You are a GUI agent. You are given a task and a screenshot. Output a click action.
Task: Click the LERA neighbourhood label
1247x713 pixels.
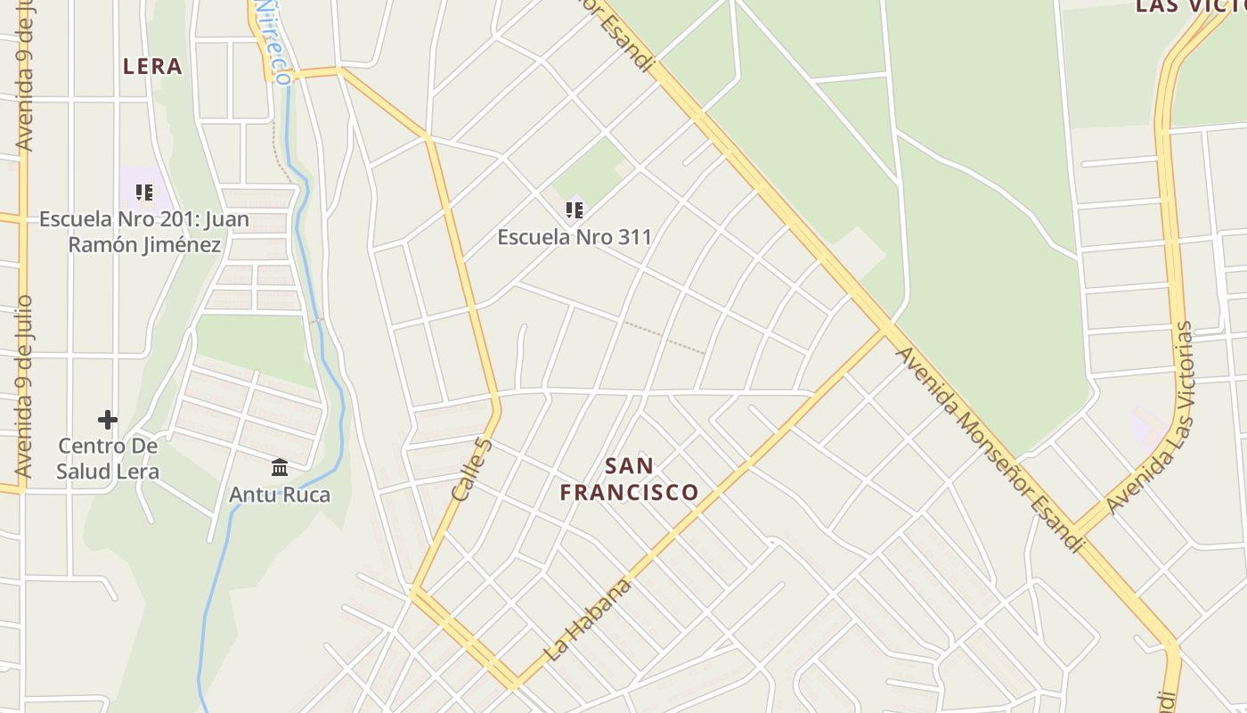pyautogui.click(x=152, y=66)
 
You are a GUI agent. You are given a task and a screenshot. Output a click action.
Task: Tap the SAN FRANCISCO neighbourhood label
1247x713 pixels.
pyautogui.click(x=629, y=479)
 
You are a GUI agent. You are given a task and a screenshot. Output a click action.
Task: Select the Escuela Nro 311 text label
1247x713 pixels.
pyautogui.click(x=575, y=237)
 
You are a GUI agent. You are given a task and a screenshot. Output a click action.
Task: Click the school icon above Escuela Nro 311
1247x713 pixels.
pyautogui.click(x=575, y=210)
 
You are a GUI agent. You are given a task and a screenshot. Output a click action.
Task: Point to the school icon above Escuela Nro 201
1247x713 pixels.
pyautogui.click(x=144, y=193)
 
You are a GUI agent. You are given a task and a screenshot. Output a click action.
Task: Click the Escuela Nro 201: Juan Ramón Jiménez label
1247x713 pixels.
pyautogui.click(x=144, y=232)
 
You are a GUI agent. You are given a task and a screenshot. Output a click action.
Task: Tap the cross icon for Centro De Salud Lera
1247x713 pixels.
pyautogui.click(x=108, y=419)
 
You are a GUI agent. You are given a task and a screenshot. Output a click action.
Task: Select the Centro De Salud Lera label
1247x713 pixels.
pyautogui.click(x=108, y=458)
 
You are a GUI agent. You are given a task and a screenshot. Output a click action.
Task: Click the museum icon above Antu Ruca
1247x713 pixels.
pyautogui.click(x=280, y=467)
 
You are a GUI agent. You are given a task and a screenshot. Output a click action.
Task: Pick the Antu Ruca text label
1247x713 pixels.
pyautogui.click(x=280, y=495)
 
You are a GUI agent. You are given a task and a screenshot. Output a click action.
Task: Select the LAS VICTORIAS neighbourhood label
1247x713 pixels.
pyautogui.click(x=1190, y=7)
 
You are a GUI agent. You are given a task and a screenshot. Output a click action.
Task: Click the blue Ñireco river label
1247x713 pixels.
pyautogui.click(x=273, y=40)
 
